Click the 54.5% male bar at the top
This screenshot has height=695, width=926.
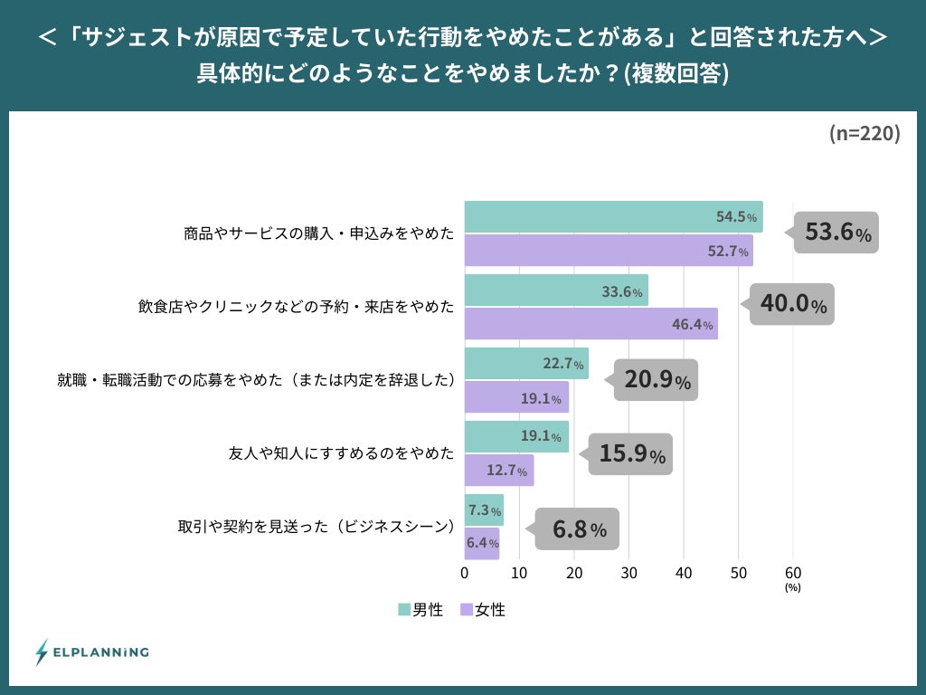pyautogui.click(x=613, y=217)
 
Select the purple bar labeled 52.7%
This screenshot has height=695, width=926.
pyautogui.click(x=608, y=251)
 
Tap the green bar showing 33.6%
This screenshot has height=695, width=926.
pyautogui.click(x=555, y=290)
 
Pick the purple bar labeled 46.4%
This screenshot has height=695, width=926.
pyautogui.click(x=591, y=324)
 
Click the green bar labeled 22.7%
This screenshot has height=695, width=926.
pyautogui.click(x=525, y=364)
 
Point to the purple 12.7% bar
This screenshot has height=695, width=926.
pyautogui.click(x=498, y=470)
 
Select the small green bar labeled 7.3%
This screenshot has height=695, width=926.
pyautogui.click(x=484, y=509)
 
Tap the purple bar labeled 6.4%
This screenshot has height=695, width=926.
pyautogui.click(x=482, y=543)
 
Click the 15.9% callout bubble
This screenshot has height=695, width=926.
pyautogui.click(x=631, y=452)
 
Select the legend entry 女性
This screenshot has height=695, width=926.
pyautogui.click(x=483, y=610)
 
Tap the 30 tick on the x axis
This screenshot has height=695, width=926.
pyautogui.click(x=628, y=573)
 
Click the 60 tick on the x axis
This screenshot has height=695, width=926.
pyautogui.click(x=793, y=573)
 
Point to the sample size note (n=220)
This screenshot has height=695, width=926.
pyautogui.click(x=864, y=134)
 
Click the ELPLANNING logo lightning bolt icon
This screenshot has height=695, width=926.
pyautogui.click(x=42, y=652)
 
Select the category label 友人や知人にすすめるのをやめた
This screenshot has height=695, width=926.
pyautogui.click(x=341, y=452)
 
